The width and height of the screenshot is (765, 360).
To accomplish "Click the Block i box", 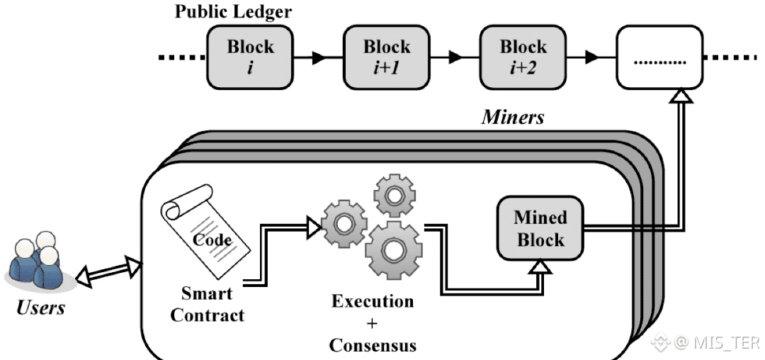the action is (x=250, y=57).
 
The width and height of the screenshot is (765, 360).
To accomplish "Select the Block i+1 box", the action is (x=387, y=57).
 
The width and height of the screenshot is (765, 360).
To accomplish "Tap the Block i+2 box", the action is (x=523, y=57).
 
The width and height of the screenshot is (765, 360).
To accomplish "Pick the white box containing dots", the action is (x=659, y=57).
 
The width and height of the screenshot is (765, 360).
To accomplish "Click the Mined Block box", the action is (x=540, y=228).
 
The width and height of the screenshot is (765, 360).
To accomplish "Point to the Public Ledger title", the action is (x=233, y=12).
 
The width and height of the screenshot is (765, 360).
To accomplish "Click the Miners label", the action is (x=512, y=117).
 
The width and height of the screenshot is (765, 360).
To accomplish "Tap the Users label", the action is (x=40, y=308).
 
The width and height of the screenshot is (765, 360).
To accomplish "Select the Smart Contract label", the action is (x=207, y=305).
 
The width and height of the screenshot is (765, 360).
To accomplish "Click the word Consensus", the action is (x=373, y=345).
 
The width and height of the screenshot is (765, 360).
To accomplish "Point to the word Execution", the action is (x=373, y=301).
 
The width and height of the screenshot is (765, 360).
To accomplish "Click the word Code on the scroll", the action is (x=212, y=240).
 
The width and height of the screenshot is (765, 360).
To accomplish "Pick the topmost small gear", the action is (x=395, y=195).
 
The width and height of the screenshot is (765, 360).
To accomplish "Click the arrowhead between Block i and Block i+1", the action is (x=319, y=57).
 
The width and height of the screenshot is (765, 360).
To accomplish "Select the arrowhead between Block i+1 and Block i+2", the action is (x=456, y=57).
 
